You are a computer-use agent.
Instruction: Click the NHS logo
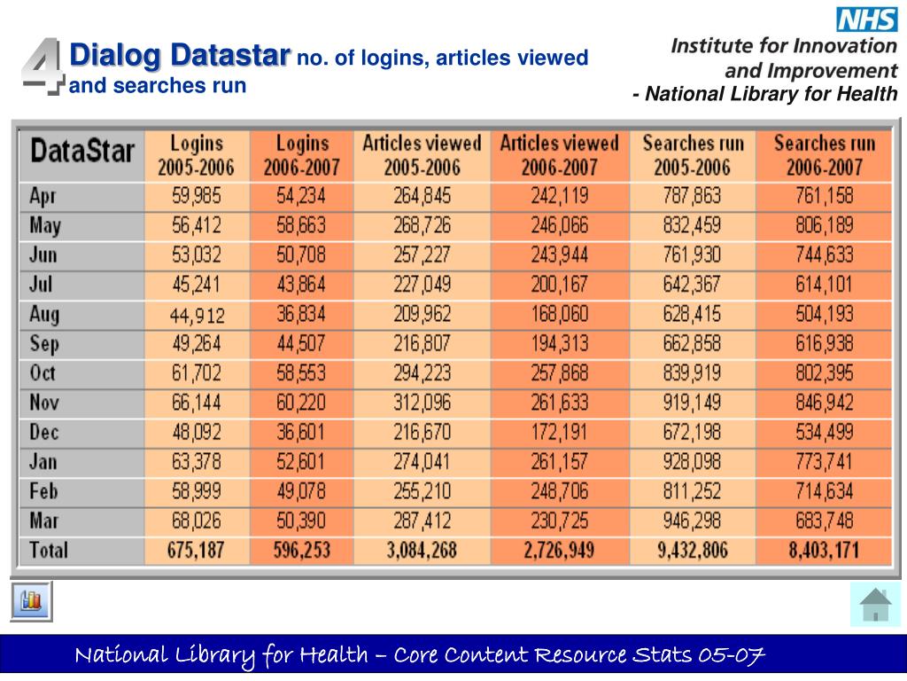867,19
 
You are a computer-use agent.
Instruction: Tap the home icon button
875,605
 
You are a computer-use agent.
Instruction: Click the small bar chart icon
32,601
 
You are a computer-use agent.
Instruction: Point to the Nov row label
44,403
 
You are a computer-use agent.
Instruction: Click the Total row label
48,550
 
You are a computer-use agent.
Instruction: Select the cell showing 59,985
197,196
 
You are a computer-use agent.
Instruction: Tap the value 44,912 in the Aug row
197,315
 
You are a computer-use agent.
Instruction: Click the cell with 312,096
422,403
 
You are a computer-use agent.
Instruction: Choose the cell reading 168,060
559,315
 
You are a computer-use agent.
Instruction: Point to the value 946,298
692,521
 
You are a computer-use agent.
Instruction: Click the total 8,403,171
824,550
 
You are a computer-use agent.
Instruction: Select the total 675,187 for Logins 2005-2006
197,550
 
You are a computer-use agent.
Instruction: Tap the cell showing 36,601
302,433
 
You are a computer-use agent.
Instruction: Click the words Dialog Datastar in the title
180,55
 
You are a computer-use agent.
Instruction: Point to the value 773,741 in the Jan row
824,462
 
